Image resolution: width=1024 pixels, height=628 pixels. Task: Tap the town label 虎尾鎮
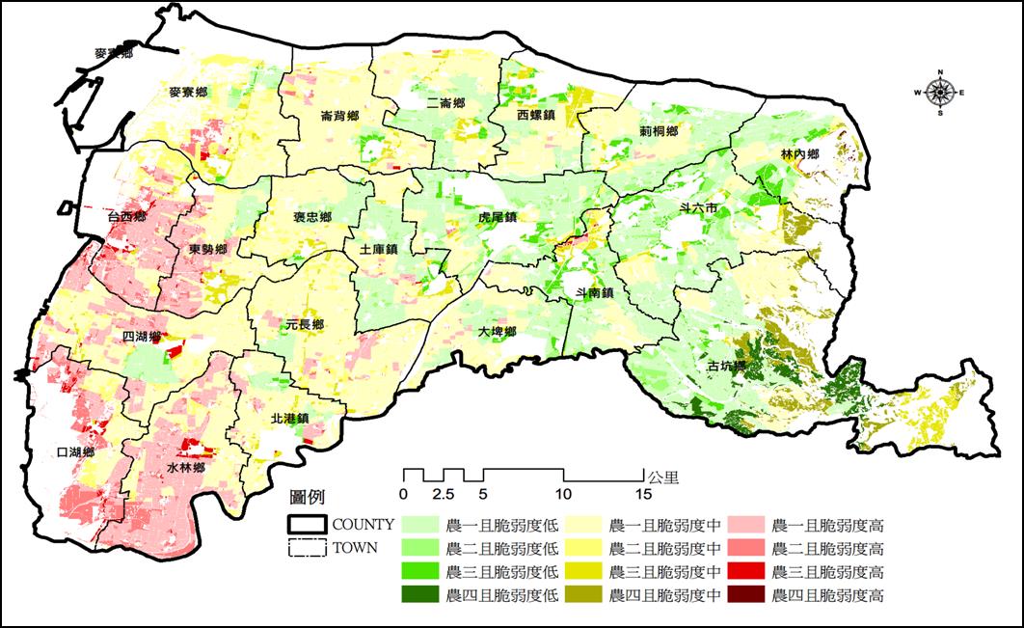click(499, 218)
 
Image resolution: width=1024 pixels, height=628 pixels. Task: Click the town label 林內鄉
click(800, 155)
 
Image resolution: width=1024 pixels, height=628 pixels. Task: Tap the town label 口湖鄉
click(74, 452)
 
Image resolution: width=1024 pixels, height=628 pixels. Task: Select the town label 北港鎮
click(288, 419)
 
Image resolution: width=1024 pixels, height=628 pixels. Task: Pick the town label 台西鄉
click(127, 217)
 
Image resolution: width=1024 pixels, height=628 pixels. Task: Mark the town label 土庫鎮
click(378, 249)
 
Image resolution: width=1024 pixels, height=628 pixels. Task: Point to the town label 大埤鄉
click(499, 332)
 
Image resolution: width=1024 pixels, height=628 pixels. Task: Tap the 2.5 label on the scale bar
click(444, 494)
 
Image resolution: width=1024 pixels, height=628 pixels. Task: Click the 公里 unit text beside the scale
click(664, 476)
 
